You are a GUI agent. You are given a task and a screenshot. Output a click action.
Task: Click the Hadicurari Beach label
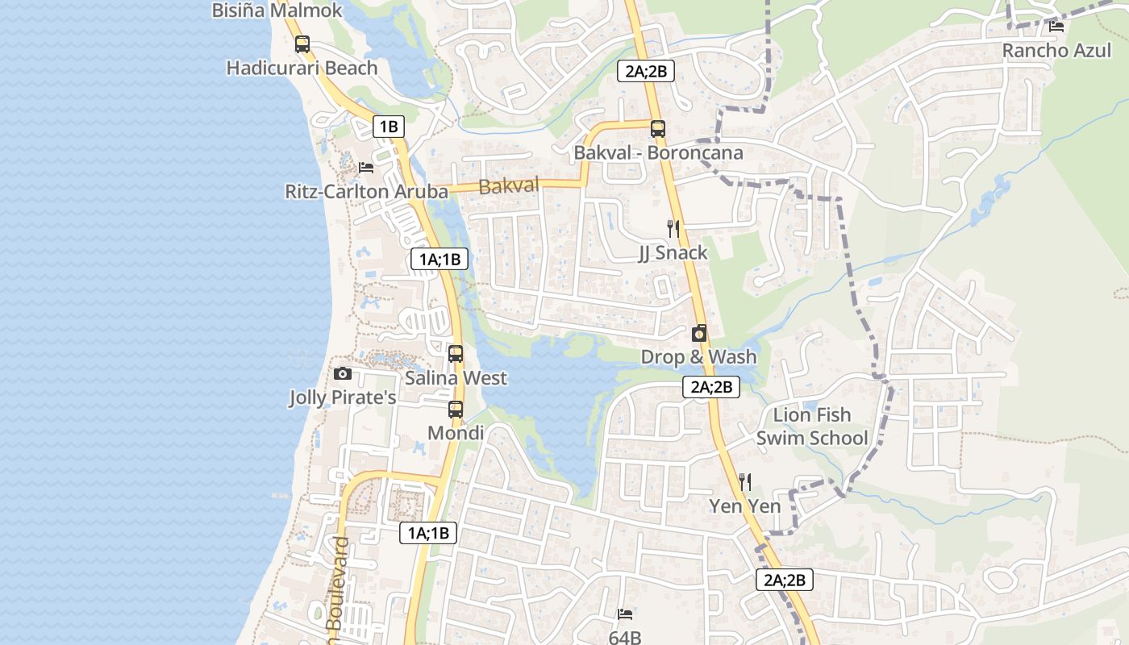point(302,68)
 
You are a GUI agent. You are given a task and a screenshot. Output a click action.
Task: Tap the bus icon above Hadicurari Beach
point(302,44)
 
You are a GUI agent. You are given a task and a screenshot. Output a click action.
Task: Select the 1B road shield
point(388,126)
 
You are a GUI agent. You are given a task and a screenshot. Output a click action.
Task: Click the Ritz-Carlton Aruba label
point(366,191)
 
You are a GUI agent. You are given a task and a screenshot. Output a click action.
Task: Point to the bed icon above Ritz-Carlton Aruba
point(366,168)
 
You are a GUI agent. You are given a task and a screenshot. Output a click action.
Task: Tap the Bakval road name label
point(508,186)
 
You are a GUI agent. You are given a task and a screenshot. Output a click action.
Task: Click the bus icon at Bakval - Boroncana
point(658,128)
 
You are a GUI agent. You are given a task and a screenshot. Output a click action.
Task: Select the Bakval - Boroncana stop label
point(658,152)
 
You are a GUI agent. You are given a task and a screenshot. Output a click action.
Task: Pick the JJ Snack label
point(673,252)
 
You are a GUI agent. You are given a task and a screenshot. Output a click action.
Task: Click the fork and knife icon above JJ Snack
point(673,229)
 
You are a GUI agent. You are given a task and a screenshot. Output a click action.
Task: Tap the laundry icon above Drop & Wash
point(699,333)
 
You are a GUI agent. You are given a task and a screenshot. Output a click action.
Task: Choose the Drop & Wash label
point(698,356)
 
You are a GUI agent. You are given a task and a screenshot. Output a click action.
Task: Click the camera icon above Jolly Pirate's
point(343,374)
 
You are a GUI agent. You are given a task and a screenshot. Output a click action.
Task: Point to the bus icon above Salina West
point(456,354)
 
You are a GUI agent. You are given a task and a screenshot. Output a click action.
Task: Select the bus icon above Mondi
point(456,410)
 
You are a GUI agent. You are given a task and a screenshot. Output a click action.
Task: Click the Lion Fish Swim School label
point(812,427)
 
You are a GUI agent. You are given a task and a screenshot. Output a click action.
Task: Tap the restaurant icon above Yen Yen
point(745,482)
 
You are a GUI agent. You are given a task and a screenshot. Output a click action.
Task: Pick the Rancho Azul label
point(1056,50)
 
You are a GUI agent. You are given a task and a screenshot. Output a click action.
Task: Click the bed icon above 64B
point(625,614)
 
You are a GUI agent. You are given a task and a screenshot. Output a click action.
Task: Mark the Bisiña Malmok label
point(277,10)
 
